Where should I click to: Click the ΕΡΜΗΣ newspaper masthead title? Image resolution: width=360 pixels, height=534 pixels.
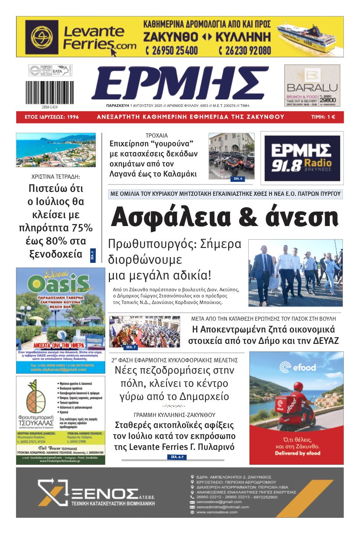coord(180,84)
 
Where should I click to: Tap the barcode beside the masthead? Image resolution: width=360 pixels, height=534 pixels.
coord(49,92)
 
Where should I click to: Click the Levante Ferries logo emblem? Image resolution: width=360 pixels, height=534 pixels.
coord(42,36)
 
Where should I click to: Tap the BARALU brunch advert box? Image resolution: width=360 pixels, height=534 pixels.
coord(312,85)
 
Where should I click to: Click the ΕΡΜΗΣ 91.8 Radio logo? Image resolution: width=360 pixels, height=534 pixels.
coord(302,158)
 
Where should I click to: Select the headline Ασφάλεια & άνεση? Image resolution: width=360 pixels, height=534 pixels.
coord(225,217)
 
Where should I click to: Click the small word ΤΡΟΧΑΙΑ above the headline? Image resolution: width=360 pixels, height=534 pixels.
coord(156,135)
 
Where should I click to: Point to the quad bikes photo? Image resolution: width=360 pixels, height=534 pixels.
coord(231,156)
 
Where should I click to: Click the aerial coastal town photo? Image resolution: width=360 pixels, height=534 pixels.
coord(56,150)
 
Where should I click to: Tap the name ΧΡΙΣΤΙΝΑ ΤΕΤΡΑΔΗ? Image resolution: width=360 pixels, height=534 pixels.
coord(56,177)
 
